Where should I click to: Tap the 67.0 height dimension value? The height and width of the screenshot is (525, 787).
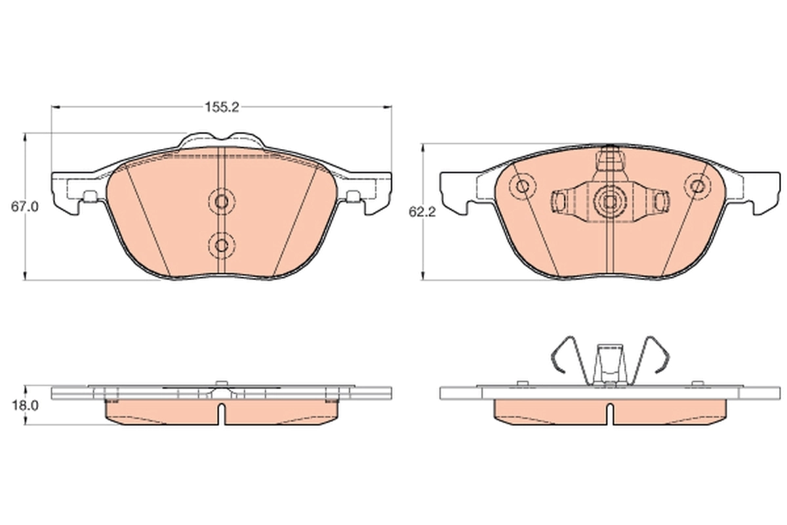(x=24, y=206)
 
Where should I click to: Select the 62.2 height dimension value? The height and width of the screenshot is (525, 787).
(x=422, y=213)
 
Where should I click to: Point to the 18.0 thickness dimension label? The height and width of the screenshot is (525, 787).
(x=24, y=406)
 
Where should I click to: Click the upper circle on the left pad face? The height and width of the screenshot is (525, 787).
(x=222, y=201)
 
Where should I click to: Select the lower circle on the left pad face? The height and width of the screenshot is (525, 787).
(x=222, y=245)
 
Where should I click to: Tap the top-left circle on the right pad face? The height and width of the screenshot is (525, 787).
(x=523, y=186)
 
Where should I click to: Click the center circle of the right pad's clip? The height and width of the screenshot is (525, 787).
(x=610, y=199)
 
